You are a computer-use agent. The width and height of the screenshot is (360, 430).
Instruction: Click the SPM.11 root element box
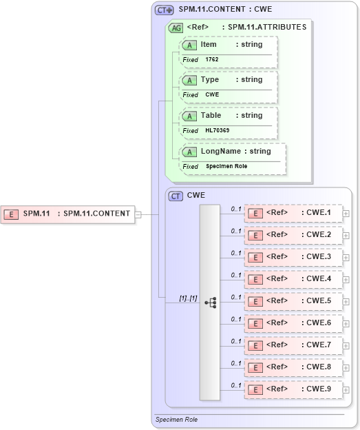(x=67, y=214)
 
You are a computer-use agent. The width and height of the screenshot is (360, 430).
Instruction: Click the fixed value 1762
(x=212, y=60)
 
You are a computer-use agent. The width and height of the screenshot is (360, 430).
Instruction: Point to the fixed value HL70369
(x=217, y=131)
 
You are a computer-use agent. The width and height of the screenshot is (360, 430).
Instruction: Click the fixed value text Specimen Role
(x=226, y=167)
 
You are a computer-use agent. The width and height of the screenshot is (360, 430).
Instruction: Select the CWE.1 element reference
(x=293, y=213)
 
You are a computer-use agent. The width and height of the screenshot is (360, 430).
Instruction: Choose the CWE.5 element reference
(x=293, y=301)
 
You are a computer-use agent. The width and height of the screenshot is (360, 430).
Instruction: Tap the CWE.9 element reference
(x=293, y=389)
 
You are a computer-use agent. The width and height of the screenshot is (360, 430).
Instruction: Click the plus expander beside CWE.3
(x=346, y=258)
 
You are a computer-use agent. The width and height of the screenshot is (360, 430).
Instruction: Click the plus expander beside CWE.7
(x=346, y=346)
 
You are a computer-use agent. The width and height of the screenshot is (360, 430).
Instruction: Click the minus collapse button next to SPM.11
(x=138, y=214)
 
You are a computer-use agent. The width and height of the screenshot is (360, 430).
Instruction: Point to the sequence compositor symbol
(x=210, y=302)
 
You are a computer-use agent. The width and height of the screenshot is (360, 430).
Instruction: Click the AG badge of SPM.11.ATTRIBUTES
(x=176, y=28)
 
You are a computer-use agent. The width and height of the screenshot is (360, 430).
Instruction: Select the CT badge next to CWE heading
(x=176, y=196)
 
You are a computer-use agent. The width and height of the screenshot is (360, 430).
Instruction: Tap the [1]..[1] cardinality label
(x=188, y=298)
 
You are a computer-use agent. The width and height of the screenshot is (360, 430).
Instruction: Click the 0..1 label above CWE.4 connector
(x=236, y=275)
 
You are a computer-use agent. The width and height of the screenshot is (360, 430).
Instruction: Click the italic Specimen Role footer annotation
(x=176, y=419)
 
